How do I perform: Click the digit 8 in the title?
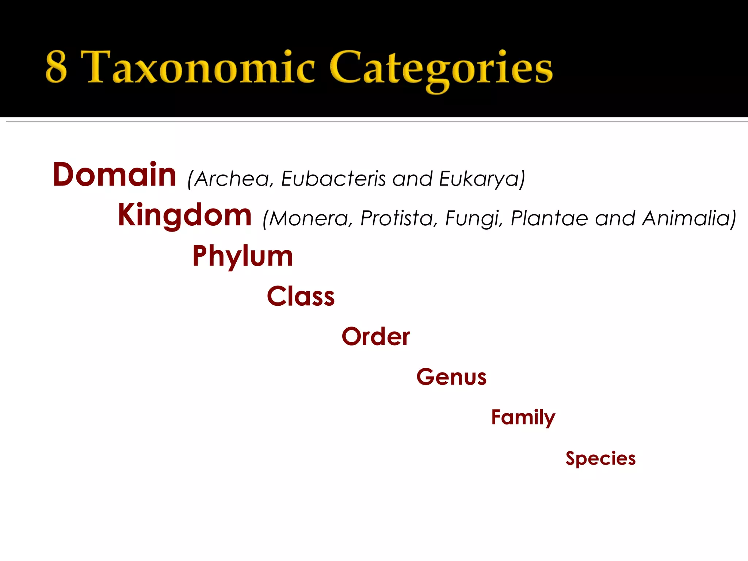(x=57, y=67)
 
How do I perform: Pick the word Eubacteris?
(x=333, y=179)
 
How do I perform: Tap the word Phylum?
(x=243, y=256)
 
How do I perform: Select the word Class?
(x=301, y=296)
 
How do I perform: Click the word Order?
(x=375, y=336)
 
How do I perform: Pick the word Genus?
(x=451, y=377)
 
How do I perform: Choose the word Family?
(x=523, y=417)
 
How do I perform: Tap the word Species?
(x=600, y=459)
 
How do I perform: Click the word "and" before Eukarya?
(x=412, y=179)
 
